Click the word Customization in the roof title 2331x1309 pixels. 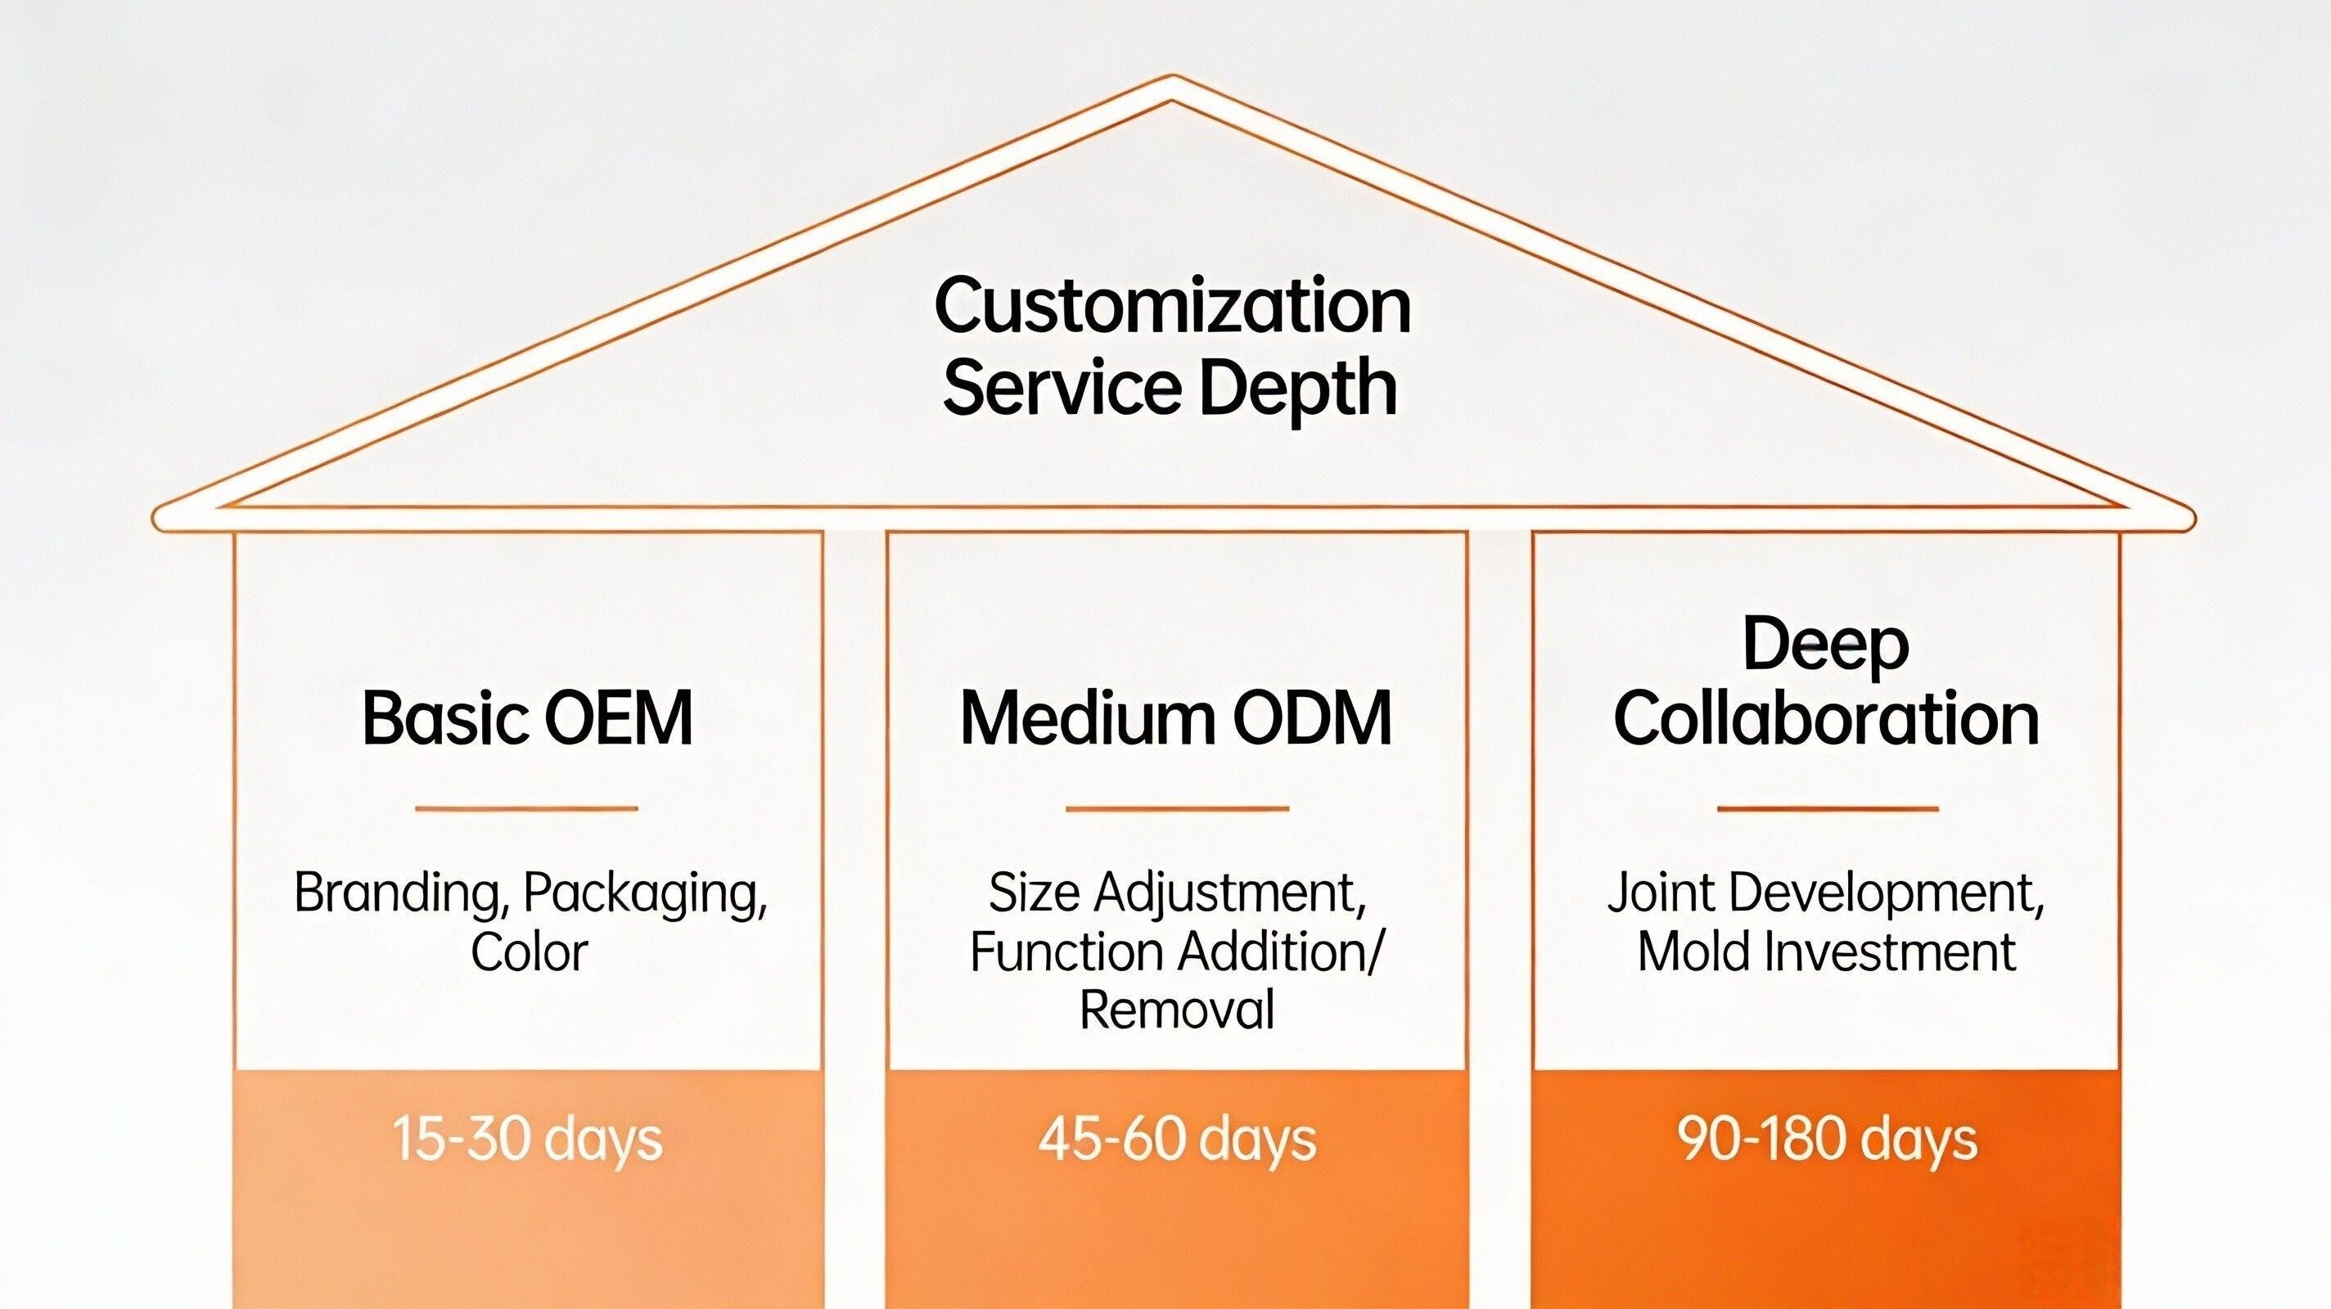(x=1172, y=308)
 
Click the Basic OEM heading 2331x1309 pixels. (x=528, y=718)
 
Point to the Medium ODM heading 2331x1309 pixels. (x=1175, y=718)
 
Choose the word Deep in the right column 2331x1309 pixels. (x=1825, y=645)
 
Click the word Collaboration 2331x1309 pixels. (x=1826, y=719)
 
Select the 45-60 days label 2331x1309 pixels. (x=1176, y=1139)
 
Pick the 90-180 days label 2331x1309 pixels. (x=1826, y=1139)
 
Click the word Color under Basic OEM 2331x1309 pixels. (x=530, y=951)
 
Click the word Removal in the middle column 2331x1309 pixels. (x=1176, y=1010)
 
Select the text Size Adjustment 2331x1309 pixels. (x=1176, y=893)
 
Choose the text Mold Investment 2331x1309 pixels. (x=1826, y=951)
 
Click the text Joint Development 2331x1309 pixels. (x=1826, y=893)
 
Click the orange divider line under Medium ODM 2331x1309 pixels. (x=1176, y=809)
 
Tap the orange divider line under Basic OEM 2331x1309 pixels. (x=526, y=809)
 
